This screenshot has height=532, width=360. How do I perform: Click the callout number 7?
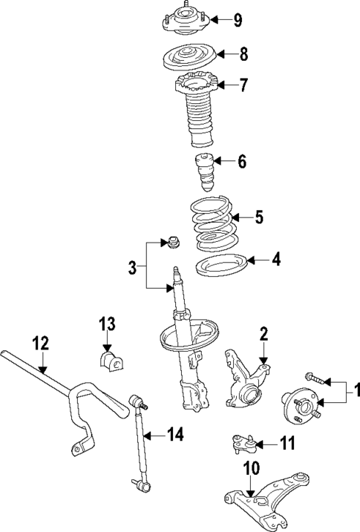pyautogui.click(x=243, y=86)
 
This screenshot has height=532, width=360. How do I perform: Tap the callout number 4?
pyautogui.click(x=276, y=260)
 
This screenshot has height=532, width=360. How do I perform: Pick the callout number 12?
pyautogui.click(x=40, y=343)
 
